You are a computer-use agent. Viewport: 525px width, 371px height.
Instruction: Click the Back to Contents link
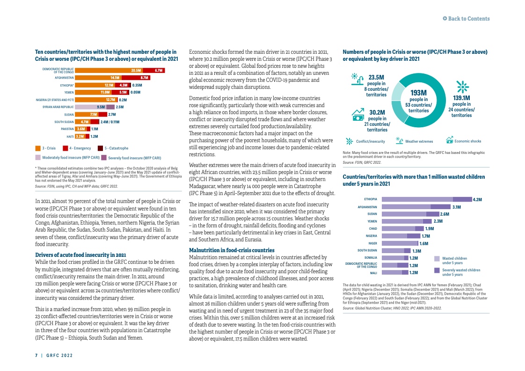[466, 19]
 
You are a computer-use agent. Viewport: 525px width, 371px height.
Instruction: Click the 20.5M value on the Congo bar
[136, 71]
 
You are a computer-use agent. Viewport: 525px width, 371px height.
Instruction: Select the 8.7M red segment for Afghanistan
[144, 78]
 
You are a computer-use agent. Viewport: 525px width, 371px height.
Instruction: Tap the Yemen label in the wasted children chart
[372, 221]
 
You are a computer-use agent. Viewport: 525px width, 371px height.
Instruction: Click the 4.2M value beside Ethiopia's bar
[477, 199]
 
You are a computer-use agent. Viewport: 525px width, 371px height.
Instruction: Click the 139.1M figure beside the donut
[461, 98]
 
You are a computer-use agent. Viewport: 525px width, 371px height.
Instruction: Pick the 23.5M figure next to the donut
[376, 78]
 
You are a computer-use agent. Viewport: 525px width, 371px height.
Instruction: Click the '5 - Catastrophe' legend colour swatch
[100, 148]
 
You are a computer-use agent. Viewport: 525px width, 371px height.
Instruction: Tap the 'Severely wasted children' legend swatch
[437, 270]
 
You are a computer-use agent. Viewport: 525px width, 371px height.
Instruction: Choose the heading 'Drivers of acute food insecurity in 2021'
[80, 255]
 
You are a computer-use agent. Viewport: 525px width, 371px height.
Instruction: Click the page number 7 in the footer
[36, 355]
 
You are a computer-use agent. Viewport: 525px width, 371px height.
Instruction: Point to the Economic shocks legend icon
[450, 141]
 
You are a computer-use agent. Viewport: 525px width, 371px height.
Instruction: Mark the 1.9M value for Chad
[430, 229]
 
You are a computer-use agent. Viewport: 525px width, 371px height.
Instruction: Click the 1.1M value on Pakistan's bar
[95, 129]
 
